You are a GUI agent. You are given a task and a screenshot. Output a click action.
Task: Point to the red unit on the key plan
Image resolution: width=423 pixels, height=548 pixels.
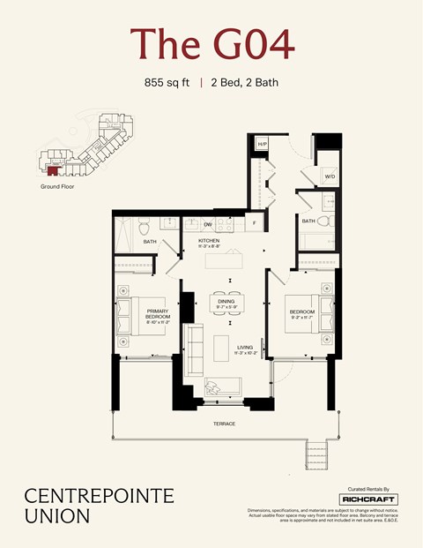coord(56,165)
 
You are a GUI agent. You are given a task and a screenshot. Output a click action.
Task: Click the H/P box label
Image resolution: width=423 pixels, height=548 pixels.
coord(262,143)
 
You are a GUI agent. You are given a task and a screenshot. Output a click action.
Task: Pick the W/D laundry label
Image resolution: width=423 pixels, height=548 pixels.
coord(330,176)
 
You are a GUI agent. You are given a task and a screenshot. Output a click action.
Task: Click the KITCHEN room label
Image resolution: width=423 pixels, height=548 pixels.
coord(209,240)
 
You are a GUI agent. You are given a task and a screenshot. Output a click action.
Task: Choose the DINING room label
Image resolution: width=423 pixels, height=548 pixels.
coord(226,301)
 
